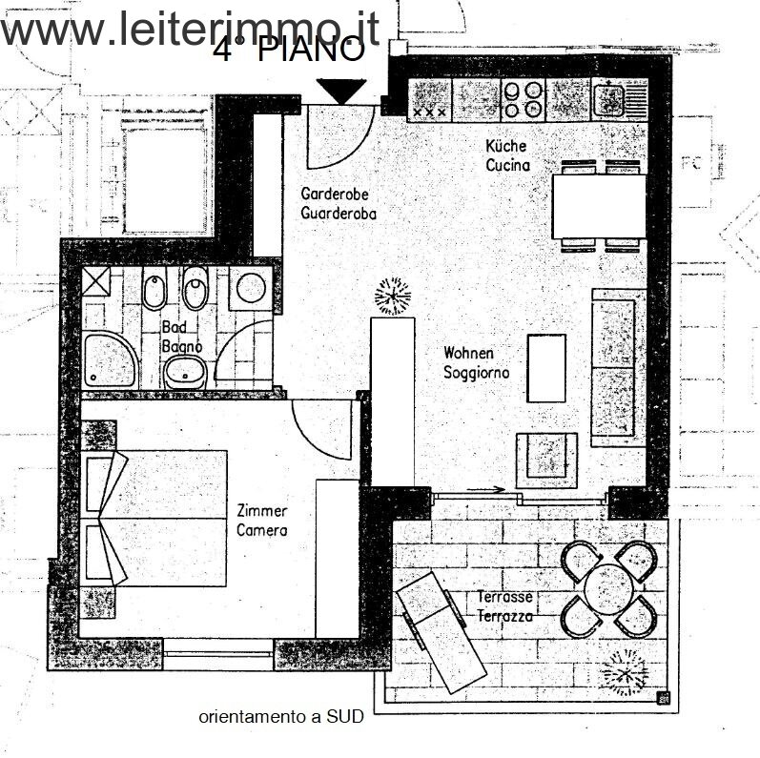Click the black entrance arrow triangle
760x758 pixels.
point(341,91)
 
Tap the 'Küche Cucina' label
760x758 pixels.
point(506,156)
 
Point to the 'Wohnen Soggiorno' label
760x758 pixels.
point(476,363)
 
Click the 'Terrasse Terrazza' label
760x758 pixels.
point(503,606)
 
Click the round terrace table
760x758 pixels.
point(606,589)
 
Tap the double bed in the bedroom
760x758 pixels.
point(157,518)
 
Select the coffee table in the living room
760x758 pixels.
point(546,368)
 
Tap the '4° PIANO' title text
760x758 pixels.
point(288,51)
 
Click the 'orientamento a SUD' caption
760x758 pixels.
point(281,717)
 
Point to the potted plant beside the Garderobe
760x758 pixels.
point(391,296)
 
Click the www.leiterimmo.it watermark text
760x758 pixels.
point(191,29)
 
